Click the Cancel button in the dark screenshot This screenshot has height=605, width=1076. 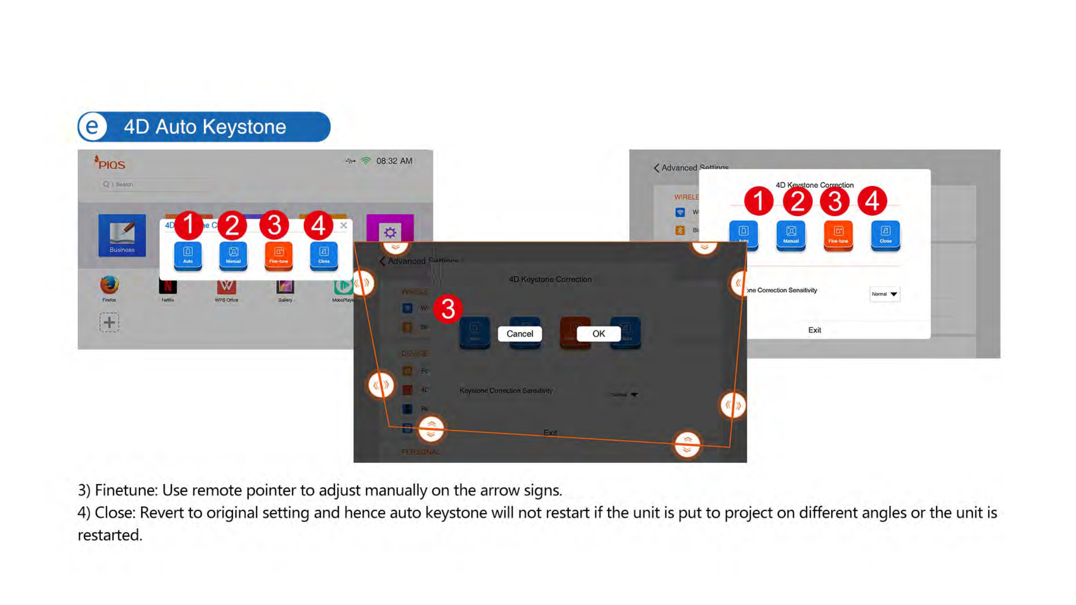click(520, 334)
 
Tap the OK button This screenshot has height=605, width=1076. click(598, 334)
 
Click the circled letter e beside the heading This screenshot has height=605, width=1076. click(92, 127)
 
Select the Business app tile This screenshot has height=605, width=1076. click(122, 235)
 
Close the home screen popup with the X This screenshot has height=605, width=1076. click(343, 225)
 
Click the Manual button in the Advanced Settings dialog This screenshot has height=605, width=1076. click(791, 235)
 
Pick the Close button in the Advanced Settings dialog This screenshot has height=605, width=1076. click(885, 235)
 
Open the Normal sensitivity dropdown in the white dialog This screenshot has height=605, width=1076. click(885, 294)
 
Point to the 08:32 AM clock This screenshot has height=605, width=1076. click(394, 161)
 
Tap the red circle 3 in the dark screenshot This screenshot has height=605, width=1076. click(448, 309)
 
